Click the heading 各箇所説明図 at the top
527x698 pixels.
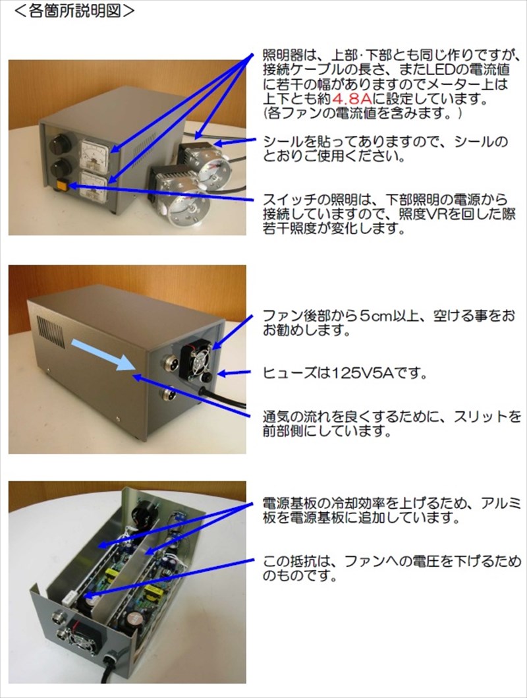(74, 11)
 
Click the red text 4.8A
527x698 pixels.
(351, 99)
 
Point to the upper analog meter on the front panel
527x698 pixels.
(94, 154)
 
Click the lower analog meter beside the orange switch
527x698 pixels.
(94, 188)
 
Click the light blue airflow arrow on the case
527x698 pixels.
(103, 354)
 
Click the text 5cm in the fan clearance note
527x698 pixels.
(379, 316)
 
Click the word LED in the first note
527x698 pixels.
(441, 69)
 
